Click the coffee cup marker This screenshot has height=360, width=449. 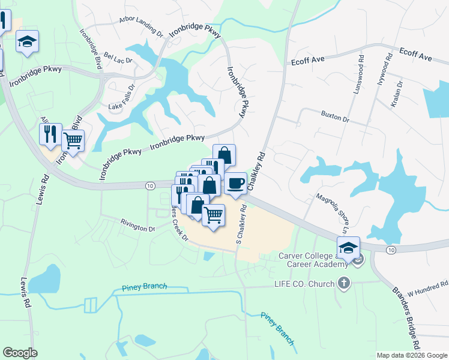[236, 183]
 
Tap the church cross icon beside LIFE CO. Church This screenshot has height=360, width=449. [343, 283]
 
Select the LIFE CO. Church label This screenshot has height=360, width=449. [304, 283]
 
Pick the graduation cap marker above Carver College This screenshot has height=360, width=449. [348, 247]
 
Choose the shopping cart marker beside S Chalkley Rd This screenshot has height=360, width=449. [213, 214]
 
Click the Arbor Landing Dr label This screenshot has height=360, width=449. [141, 26]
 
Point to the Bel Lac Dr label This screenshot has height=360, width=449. [118, 58]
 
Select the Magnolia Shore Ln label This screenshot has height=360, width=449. [337, 214]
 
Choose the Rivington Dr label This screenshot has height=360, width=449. [137, 227]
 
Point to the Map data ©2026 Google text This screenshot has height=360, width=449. [411, 355]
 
